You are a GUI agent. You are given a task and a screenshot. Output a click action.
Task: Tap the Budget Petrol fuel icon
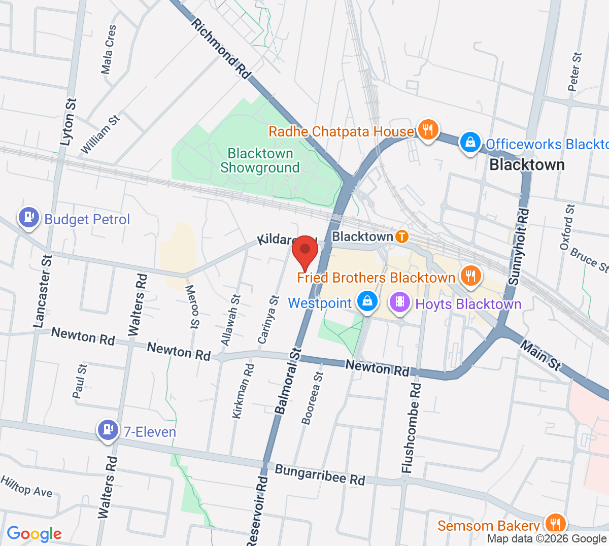28,218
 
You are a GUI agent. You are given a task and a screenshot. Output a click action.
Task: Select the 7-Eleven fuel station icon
107,430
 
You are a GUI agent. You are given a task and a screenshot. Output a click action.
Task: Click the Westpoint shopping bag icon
367,301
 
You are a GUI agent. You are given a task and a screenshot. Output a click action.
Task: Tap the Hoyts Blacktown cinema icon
400,302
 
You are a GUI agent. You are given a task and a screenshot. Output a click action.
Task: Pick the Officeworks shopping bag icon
470,143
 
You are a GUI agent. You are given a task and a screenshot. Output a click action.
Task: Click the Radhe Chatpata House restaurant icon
428,129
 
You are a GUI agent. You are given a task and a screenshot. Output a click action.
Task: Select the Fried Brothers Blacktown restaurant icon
470,276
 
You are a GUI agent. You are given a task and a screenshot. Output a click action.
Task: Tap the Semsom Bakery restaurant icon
556,523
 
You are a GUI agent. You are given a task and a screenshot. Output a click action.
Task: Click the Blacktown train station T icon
401,236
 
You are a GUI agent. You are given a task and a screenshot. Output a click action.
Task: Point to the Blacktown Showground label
260,160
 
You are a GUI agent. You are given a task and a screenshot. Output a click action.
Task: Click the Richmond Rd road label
221,49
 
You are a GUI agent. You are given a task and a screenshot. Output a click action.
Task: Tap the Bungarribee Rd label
320,474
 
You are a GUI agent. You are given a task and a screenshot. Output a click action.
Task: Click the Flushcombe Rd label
412,428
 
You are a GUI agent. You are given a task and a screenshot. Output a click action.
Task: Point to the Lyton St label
68,122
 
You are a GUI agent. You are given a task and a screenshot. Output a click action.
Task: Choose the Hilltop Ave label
26,486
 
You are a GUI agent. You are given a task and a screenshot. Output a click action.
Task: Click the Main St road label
541,356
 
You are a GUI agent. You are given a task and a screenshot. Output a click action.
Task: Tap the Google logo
34,533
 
